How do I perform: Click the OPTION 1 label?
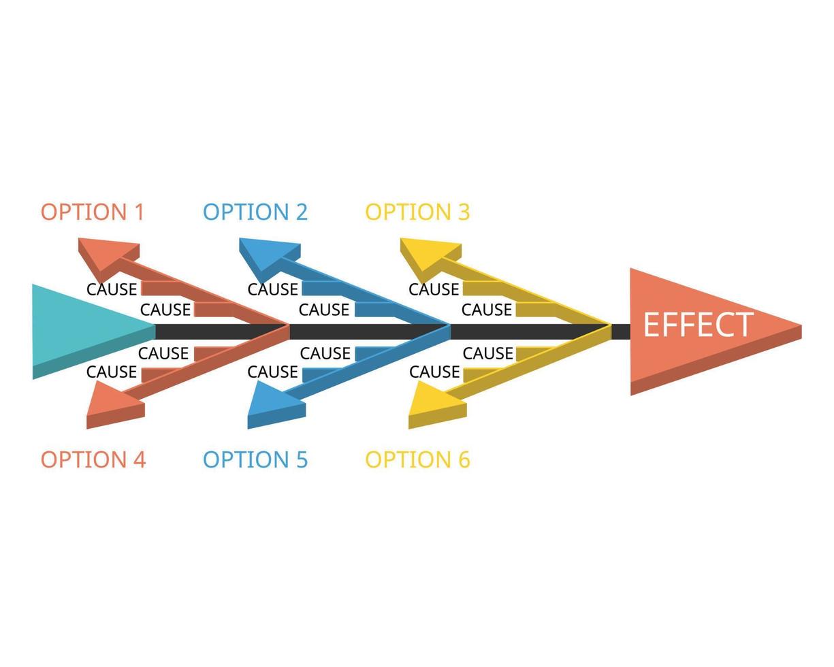tap(93, 212)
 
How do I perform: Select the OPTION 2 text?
tap(255, 212)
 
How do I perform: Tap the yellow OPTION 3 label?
tap(417, 212)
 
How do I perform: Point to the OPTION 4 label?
tap(93, 459)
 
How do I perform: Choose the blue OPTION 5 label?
tap(255, 459)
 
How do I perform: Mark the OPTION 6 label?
tap(417, 459)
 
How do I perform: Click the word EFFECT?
tap(698, 325)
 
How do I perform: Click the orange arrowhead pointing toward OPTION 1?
tap(106, 253)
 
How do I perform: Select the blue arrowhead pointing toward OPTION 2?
tap(267, 253)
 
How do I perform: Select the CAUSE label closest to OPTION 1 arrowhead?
tap(112, 289)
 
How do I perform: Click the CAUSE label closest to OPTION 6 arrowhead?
tap(434, 372)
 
